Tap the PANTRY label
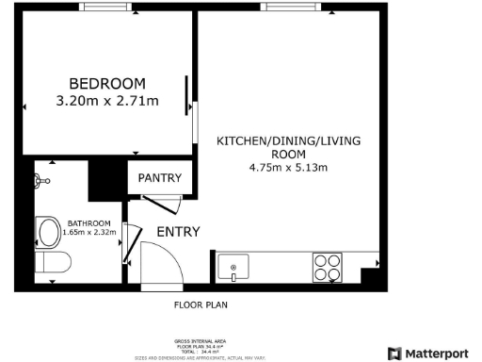(160, 177)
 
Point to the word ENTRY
(178, 232)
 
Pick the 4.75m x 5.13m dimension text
(287, 169)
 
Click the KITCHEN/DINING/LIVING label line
(288, 140)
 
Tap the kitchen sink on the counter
(233, 268)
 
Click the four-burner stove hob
(329, 268)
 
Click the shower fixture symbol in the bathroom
(42, 179)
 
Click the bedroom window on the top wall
(106, 7)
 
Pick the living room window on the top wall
(291, 7)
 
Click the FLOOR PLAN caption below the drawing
(201, 305)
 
